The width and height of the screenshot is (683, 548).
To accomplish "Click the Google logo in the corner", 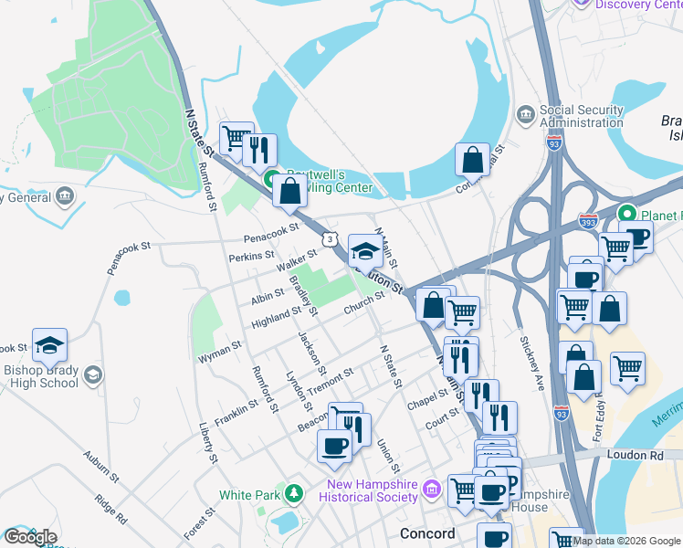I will [30, 537].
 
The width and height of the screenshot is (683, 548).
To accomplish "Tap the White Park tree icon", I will [293, 495].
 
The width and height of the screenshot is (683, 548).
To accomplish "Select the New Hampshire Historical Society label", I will [368, 490].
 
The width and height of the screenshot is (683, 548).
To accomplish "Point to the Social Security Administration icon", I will [526, 114].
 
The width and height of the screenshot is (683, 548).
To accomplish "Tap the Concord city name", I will [427, 532].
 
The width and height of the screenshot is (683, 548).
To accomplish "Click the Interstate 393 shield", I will [588, 221].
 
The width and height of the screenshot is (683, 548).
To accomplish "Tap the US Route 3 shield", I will [327, 238].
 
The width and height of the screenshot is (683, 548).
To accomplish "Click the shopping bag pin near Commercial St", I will [473, 160].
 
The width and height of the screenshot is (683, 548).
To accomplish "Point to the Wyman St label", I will [220, 348].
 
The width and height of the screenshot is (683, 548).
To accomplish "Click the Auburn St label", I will [101, 465].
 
